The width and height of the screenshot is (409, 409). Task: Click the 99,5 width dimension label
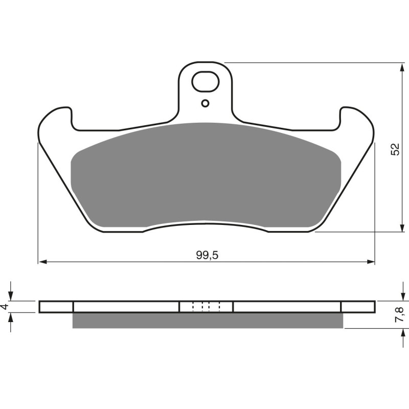207,255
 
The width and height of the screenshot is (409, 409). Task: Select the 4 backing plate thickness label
5,307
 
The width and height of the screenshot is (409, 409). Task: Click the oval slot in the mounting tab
206,81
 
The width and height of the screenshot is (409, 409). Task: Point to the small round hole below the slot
206,103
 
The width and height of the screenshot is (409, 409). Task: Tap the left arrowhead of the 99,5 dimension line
42,262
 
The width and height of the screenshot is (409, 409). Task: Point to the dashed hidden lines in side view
206,306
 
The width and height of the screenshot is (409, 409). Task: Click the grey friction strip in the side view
207,320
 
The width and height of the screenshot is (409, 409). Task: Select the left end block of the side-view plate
56,307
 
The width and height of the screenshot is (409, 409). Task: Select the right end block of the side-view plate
357,307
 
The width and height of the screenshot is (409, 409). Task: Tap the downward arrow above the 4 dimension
11,297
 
